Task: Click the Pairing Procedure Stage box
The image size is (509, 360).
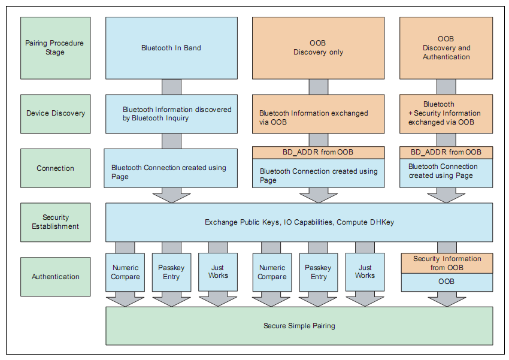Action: click(55, 48)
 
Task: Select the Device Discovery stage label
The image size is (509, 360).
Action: click(55, 113)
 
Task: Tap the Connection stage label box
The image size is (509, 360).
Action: click(55, 168)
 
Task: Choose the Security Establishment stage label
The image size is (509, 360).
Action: click(55, 222)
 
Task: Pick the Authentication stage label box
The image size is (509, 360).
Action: click(55, 277)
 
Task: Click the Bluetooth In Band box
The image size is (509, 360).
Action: click(171, 48)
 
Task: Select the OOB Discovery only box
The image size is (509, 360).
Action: click(318, 48)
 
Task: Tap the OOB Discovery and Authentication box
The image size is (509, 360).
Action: click(446, 48)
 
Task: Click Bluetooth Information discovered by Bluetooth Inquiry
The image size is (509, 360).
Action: click(171, 114)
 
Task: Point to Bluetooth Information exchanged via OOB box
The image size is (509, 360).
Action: click(318, 114)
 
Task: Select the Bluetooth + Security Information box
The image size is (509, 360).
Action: click(446, 114)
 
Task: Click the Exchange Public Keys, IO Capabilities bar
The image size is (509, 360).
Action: click(299, 222)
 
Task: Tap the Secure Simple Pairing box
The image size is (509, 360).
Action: click(299, 326)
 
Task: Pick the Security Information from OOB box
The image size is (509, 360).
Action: click(447, 263)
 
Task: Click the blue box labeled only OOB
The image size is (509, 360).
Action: click(447, 282)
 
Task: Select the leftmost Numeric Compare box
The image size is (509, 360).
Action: click(125, 273)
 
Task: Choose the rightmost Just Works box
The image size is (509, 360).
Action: click(365, 273)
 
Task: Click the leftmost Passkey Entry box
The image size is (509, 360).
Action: click(171, 273)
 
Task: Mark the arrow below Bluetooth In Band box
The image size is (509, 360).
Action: click(171, 87)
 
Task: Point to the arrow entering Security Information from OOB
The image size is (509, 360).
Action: click(447, 247)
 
